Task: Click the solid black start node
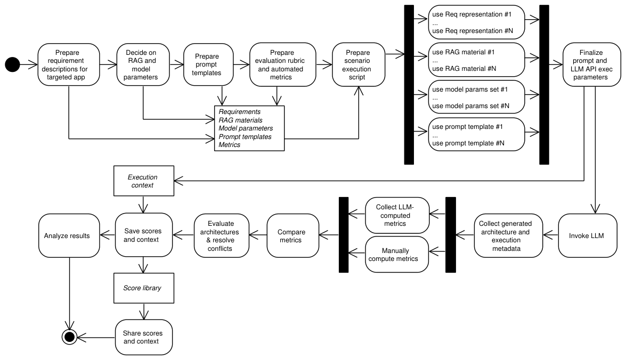(12, 64)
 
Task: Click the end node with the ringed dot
(69, 337)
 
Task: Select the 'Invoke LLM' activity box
(587, 235)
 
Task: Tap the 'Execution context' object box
(144, 181)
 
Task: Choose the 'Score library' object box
(144, 288)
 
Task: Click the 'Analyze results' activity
(69, 235)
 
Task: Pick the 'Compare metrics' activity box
(292, 235)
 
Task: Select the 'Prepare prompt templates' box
(208, 64)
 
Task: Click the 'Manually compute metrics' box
(397, 254)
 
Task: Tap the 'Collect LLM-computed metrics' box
(397, 215)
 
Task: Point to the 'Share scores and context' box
(144, 337)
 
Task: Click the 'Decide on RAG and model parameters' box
(143, 64)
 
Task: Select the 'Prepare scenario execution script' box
(359, 64)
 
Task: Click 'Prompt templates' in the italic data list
(245, 136)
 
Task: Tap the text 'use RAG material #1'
(463, 52)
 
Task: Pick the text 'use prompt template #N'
(468, 143)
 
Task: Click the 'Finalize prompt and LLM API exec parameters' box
(592, 64)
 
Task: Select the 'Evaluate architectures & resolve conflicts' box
(222, 235)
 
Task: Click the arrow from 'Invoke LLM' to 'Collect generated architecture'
(550, 235)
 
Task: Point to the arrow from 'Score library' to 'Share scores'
(144, 312)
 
